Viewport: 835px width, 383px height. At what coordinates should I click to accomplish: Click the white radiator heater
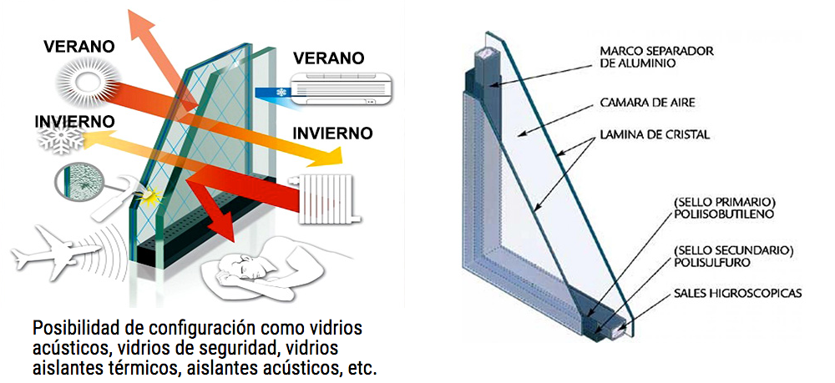point(325,199)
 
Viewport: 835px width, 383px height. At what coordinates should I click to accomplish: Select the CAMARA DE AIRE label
point(647,102)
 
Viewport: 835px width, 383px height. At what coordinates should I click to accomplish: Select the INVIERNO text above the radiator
point(333,133)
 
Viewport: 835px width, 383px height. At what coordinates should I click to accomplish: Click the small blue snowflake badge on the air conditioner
point(280,93)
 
